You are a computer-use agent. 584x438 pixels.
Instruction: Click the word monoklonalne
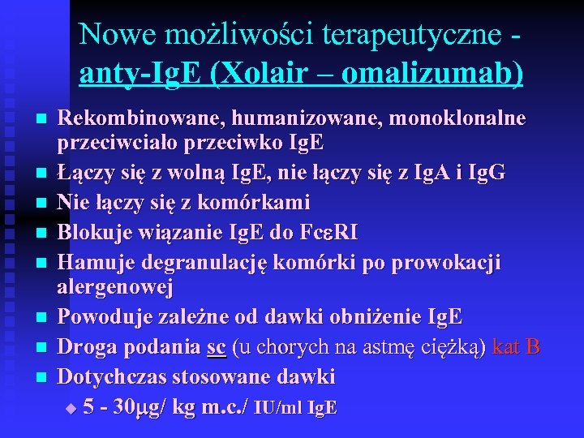click(x=458, y=118)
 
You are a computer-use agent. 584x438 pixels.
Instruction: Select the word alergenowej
click(x=115, y=288)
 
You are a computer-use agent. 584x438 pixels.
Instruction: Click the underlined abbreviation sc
click(x=216, y=347)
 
